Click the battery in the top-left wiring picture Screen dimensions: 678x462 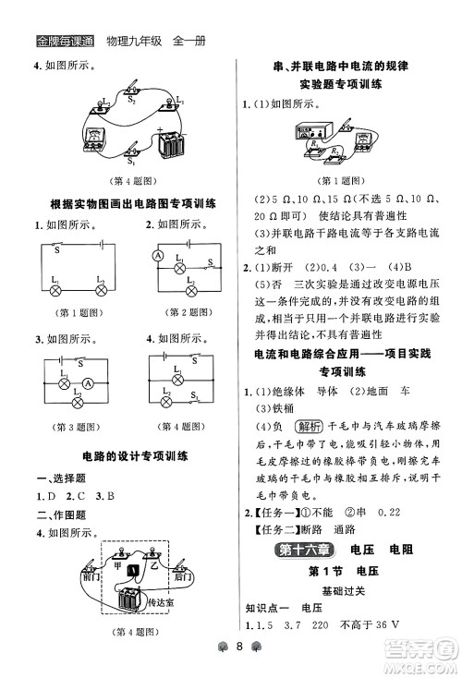tap(171, 145)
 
